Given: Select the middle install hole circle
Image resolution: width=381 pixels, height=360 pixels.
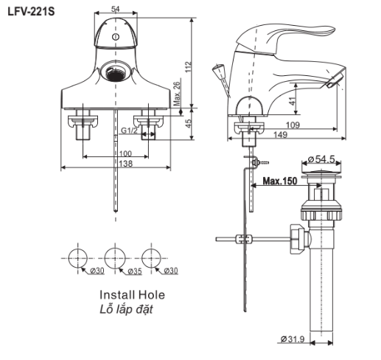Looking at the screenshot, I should [x=114, y=257].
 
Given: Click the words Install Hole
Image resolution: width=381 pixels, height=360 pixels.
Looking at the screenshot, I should [x=133, y=294].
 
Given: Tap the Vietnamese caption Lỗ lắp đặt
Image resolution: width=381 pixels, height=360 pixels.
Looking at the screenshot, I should [x=126, y=308].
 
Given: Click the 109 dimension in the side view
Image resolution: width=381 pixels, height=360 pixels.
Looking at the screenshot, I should [x=292, y=126].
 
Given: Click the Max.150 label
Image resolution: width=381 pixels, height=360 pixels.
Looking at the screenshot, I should [x=280, y=181].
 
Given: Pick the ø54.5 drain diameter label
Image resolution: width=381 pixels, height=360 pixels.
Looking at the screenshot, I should [x=322, y=159].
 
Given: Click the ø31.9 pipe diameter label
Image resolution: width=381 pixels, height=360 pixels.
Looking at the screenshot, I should [x=293, y=339].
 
